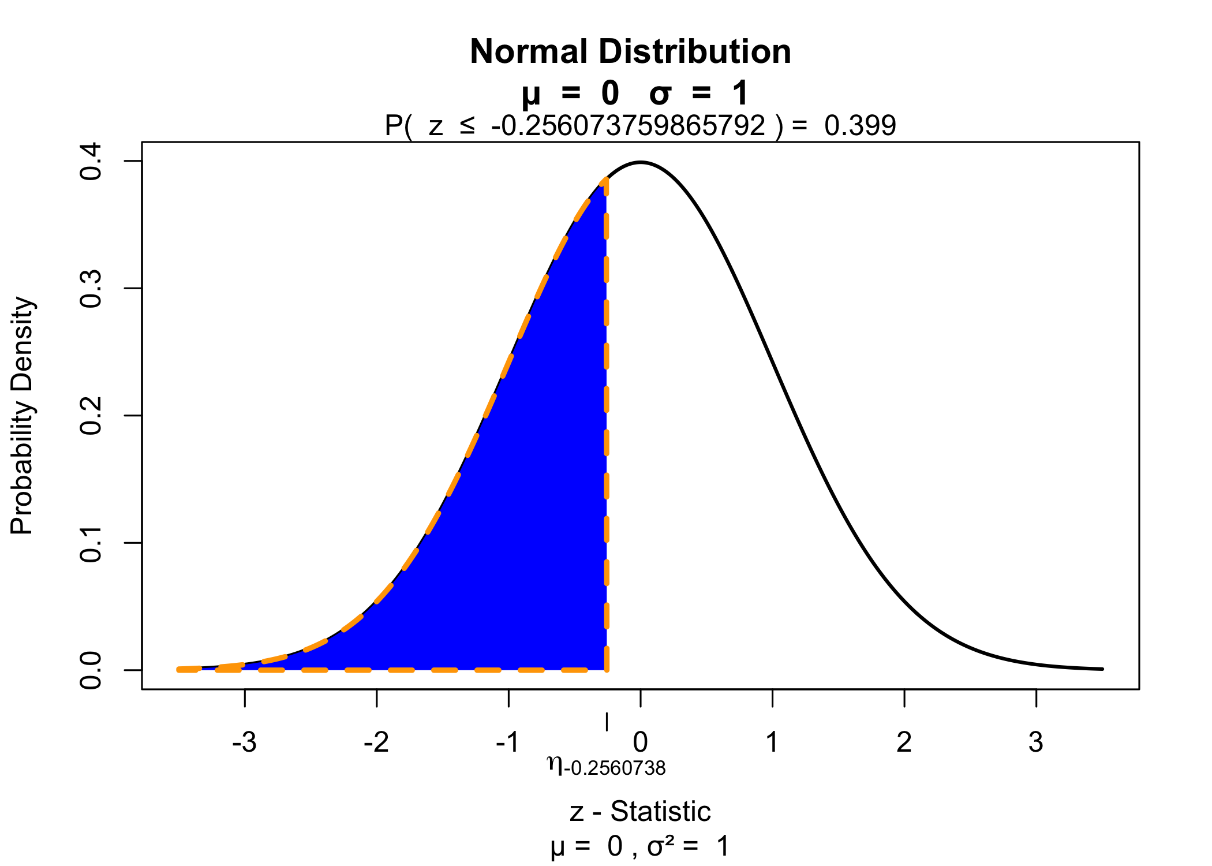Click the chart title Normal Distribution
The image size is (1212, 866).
coord(630,52)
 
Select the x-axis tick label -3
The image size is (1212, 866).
coord(244,742)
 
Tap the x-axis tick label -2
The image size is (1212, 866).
coord(376,742)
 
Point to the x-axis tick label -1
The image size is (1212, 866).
coord(508,742)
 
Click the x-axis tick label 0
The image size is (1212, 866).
coord(640,742)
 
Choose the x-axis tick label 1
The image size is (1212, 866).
coord(772,742)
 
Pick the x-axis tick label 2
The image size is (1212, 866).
coord(904,742)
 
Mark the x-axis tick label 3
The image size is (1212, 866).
coord(1036,742)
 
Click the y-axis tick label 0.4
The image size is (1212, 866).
coord(91,161)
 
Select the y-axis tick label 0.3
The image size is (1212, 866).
coord(91,288)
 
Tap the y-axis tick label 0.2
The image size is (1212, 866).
coord(91,416)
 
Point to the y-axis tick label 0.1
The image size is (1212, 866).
coord(91,543)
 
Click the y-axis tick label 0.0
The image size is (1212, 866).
coord(91,670)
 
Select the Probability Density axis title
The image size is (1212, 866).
coord(23,416)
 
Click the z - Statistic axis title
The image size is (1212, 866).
coord(640,811)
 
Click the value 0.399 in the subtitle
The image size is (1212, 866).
coord(860,125)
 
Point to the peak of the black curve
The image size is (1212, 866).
coord(641,162)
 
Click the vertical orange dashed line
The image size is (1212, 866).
coord(606,424)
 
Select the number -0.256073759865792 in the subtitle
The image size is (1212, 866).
coord(628,125)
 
